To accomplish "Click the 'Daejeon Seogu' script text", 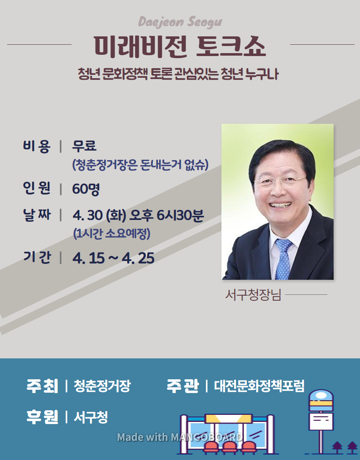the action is point(180,22).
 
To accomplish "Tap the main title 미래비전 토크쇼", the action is point(180,47).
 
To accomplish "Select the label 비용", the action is point(37,146).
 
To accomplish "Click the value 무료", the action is point(84,146).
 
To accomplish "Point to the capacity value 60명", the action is point(86,189).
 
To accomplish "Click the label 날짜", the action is point(37,215).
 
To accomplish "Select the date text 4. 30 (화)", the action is point(99,215).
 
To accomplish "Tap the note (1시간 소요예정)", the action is point(112,233).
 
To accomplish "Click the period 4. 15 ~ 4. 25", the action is point(113,258).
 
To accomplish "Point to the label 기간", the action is point(37,257).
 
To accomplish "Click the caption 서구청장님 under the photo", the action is point(253,295).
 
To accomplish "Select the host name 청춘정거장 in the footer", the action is point(102,386).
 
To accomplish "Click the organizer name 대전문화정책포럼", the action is point(259,386).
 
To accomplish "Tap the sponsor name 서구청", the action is point(91,417).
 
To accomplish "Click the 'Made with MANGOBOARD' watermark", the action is point(180,437).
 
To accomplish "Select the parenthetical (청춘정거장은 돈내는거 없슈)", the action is point(140,165).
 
